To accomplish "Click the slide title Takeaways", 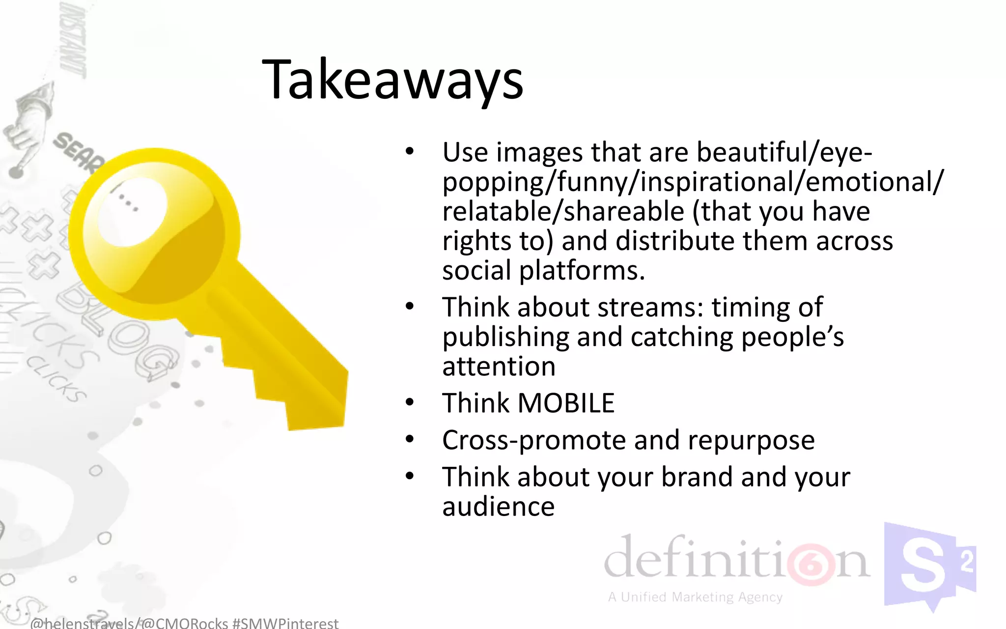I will click(x=393, y=80).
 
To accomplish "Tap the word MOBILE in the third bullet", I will click(x=566, y=403).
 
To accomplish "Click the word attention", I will click(x=499, y=367).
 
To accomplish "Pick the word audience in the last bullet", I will click(x=498, y=507).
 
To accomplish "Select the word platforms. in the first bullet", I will click(x=582, y=271).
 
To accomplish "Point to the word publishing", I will click(x=505, y=338).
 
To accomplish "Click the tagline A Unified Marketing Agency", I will click(x=695, y=597).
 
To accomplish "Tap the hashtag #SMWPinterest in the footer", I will click(x=285, y=623).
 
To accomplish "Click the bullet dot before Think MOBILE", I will click(x=410, y=403).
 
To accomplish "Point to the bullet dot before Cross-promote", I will click(x=410, y=440).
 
